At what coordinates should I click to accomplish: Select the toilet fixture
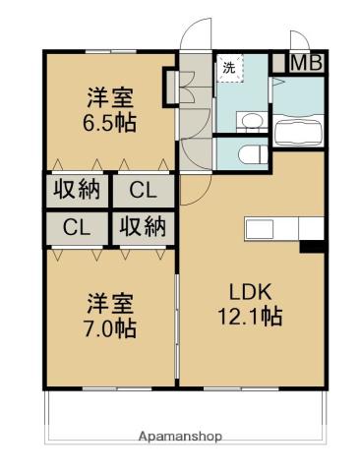point(248,153)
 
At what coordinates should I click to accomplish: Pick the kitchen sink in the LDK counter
point(262,229)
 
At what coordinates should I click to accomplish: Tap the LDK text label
point(252,291)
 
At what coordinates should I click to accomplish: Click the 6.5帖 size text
point(108,124)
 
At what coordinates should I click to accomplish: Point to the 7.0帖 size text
point(109,328)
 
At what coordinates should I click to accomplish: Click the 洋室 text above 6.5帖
point(108,98)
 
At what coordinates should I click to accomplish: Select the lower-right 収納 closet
point(143,227)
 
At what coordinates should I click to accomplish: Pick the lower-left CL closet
point(77,227)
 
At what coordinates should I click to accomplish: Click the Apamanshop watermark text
point(180,436)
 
